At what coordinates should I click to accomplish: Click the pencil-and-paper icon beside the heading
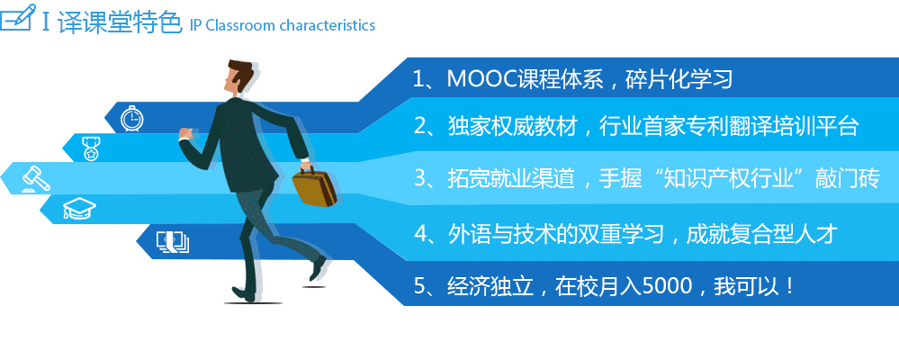click(17, 18)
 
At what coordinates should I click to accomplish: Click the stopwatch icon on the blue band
click(132, 119)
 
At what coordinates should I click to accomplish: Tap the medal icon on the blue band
click(90, 148)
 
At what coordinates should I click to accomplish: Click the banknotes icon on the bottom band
click(173, 241)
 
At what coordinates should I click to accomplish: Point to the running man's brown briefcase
click(314, 185)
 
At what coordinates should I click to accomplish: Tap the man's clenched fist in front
click(184, 133)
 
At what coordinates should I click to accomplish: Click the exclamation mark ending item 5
click(792, 285)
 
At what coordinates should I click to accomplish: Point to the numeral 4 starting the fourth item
click(420, 234)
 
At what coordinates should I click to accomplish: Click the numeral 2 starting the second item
click(420, 127)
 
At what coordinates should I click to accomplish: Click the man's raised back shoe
click(318, 268)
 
